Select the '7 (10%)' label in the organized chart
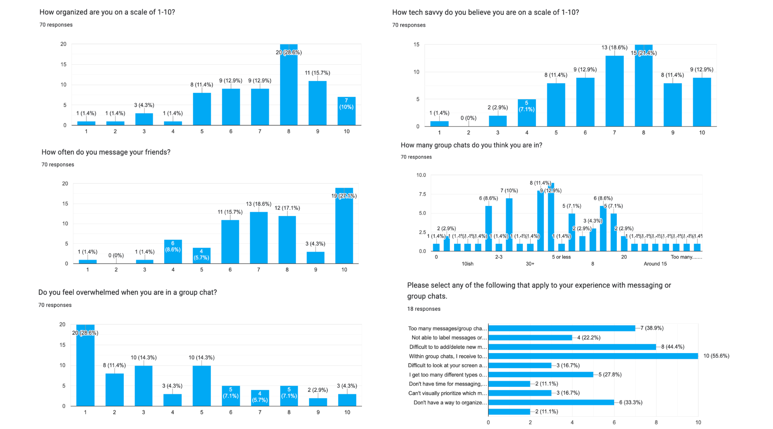346,104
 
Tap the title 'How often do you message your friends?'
106,152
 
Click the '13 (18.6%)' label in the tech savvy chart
614,48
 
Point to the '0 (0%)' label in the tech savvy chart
468,118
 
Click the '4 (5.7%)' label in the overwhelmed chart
260,397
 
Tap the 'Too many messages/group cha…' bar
562,328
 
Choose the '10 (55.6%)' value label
716,356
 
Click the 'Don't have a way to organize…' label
450,403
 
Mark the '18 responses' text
423,309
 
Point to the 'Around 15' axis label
655,264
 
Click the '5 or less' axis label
561,257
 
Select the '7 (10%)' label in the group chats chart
509,191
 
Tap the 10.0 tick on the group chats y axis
421,175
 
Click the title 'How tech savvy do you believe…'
485,12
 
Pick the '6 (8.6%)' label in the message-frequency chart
173,246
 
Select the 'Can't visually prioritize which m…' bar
520,393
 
